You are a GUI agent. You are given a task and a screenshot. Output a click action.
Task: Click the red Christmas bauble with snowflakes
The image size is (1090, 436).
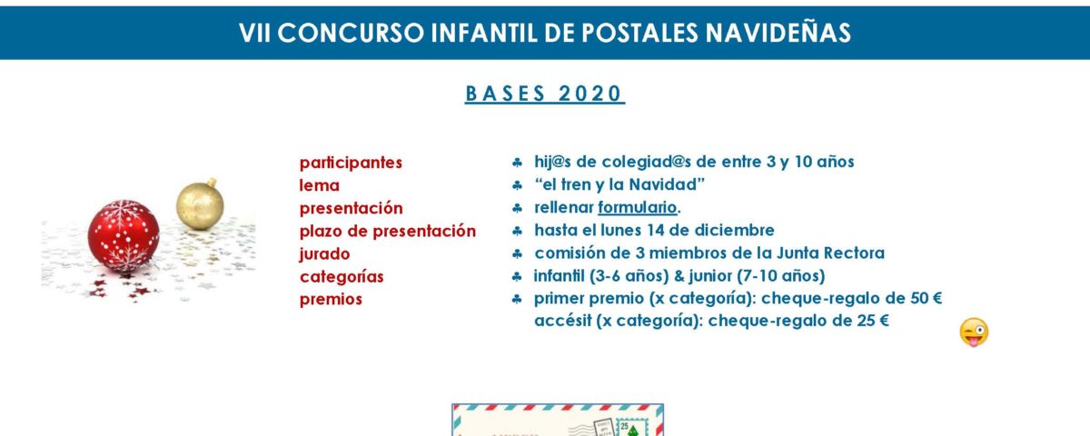(124, 236)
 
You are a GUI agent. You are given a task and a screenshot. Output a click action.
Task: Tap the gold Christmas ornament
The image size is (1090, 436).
(200, 204)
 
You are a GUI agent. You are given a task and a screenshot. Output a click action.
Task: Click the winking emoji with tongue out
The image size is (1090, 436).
(974, 332)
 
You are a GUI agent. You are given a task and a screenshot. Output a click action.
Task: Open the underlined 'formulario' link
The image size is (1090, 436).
(638, 207)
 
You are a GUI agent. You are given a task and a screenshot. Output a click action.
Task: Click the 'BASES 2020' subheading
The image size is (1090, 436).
(544, 94)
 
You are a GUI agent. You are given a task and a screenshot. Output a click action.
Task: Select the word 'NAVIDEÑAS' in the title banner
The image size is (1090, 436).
(778, 33)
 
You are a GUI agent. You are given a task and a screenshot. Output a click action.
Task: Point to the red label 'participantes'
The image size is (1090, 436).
(351, 163)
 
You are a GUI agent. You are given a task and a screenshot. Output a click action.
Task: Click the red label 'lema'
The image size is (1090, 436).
(319, 185)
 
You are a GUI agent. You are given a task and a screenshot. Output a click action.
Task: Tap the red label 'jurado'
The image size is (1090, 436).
(324, 254)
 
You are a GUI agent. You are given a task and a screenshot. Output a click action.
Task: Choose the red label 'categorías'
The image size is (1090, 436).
(342, 277)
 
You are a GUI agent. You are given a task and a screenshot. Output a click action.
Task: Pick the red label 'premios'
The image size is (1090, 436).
(331, 299)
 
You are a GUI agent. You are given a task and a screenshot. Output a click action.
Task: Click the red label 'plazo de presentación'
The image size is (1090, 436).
(387, 231)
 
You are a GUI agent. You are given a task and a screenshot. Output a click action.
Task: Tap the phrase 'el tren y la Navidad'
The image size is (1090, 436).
(619, 185)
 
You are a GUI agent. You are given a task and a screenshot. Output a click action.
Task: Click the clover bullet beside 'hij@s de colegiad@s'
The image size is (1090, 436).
(517, 163)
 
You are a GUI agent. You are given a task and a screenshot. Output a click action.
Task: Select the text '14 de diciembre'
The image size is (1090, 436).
(714, 230)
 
